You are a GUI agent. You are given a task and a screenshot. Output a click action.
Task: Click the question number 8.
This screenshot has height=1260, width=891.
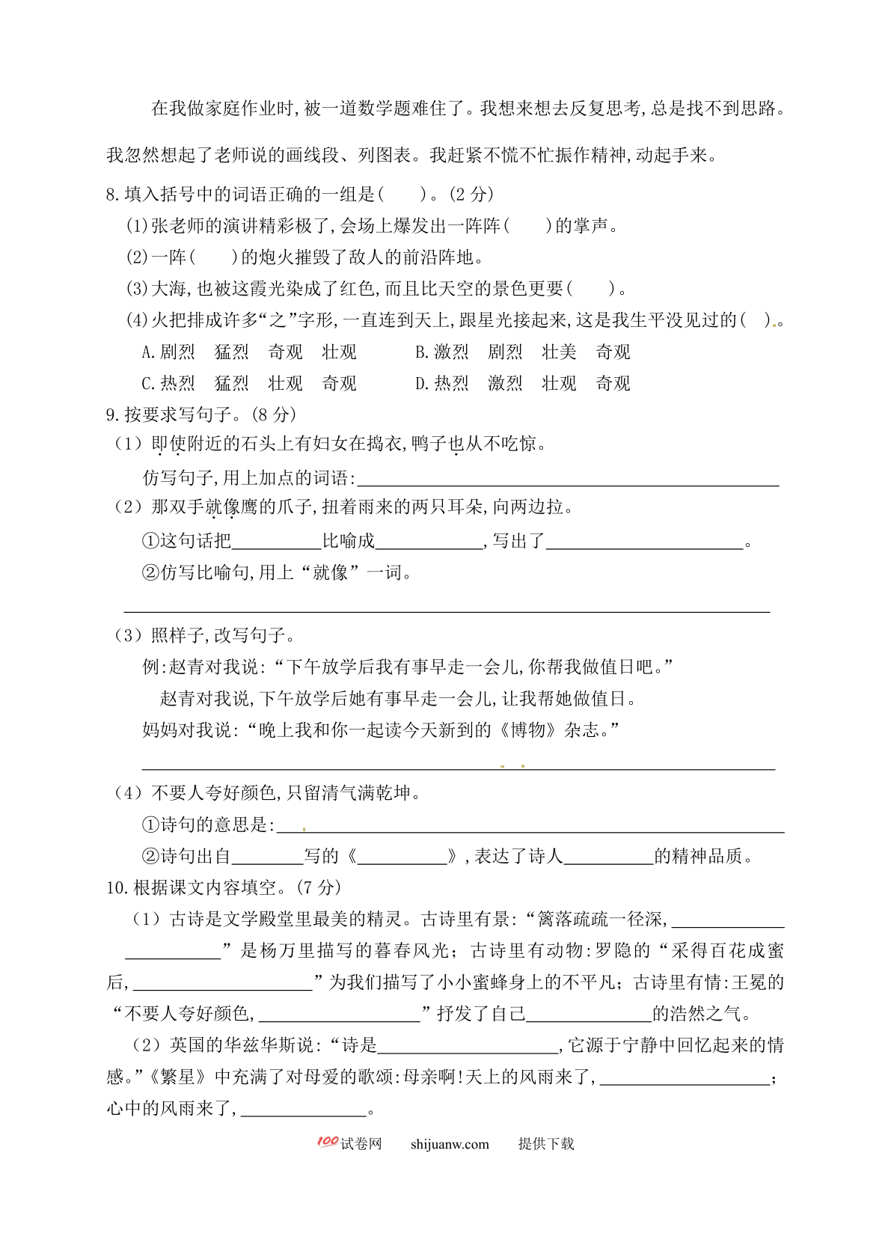(112, 195)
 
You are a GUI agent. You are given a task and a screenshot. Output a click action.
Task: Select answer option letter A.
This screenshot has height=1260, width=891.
(147, 352)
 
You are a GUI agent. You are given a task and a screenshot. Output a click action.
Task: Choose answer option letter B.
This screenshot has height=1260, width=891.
(420, 352)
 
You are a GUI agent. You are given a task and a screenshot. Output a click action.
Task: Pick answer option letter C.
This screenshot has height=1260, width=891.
(147, 384)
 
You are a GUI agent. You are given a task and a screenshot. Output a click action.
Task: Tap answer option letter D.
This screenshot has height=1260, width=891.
(420, 384)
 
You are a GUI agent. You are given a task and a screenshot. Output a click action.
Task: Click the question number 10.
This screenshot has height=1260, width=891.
(117, 888)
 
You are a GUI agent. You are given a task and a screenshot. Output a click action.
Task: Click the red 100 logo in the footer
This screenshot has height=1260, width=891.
(328, 1142)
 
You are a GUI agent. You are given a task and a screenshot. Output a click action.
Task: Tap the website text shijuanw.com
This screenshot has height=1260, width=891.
(450, 1144)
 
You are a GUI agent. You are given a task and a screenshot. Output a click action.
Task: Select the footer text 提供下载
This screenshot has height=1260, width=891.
(546, 1144)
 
